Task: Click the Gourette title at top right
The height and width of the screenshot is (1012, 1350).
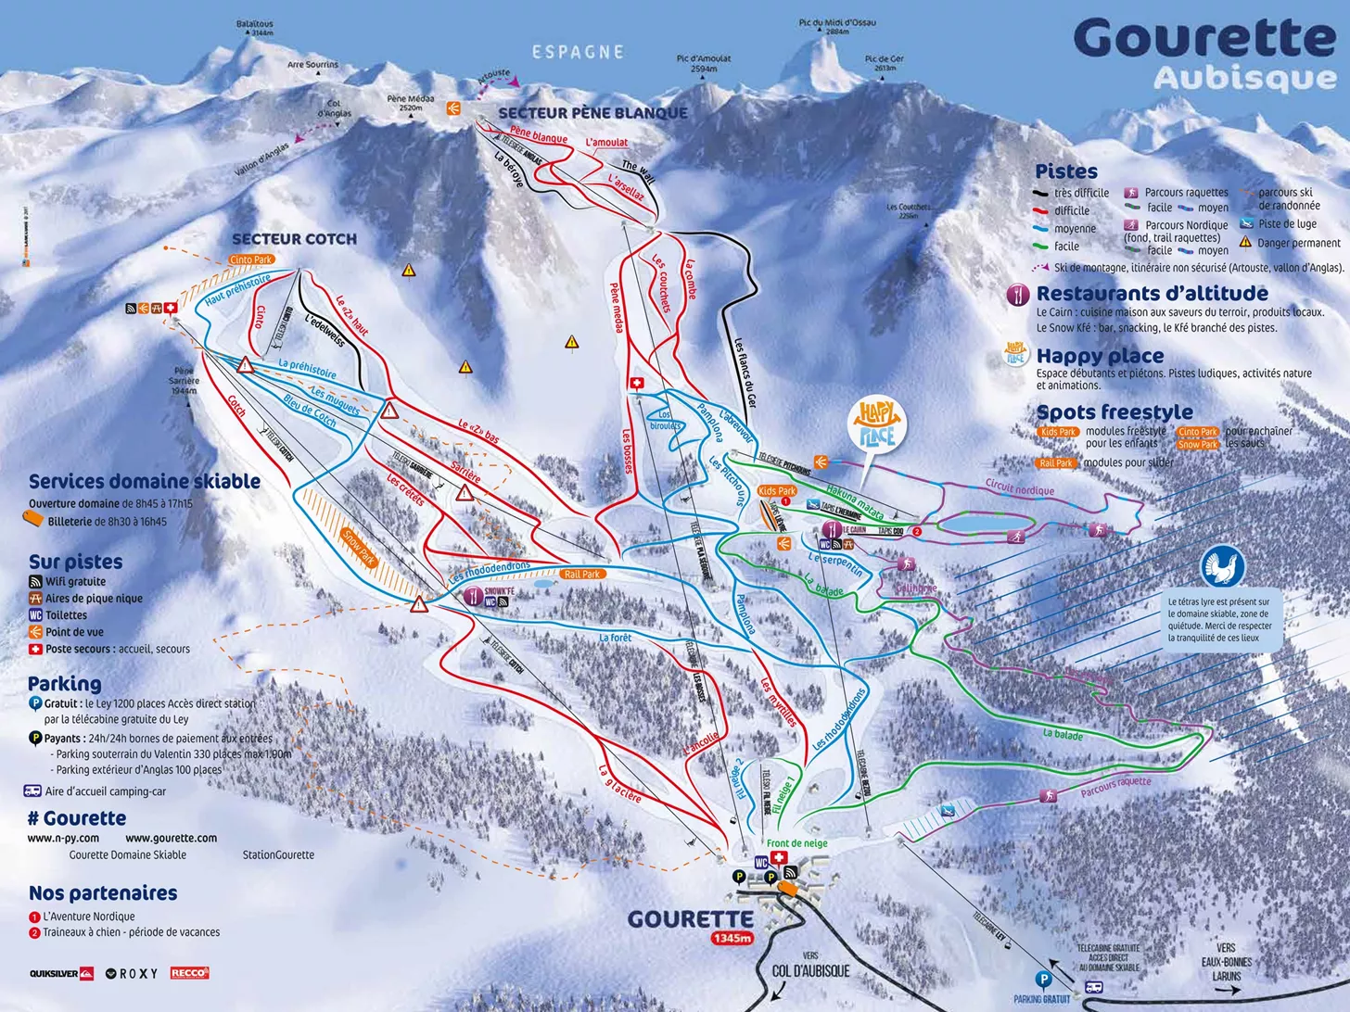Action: click(1204, 39)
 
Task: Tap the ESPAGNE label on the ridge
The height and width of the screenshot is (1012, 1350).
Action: click(578, 53)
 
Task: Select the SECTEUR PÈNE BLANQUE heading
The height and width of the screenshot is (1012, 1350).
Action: click(592, 113)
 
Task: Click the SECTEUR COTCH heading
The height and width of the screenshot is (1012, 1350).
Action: click(294, 239)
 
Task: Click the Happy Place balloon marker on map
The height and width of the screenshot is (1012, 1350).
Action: click(876, 425)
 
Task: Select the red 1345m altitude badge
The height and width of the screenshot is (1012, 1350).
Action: click(732, 938)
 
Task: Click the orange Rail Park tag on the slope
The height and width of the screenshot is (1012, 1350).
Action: click(581, 575)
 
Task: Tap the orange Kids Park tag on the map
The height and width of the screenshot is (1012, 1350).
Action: click(776, 491)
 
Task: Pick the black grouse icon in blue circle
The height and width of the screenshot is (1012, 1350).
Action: click(1223, 566)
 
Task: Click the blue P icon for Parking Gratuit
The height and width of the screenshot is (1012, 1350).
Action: click(1043, 979)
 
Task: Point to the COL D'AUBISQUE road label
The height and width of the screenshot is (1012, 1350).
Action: click(810, 970)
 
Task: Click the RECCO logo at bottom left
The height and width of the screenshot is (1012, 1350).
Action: click(189, 973)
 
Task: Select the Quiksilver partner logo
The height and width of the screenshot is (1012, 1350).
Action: click(61, 973)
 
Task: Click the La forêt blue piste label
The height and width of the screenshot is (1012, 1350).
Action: click(615, 638)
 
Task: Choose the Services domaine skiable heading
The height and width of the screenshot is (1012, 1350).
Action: click(144, 481)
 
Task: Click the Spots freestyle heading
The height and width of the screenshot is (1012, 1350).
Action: click(1114, 412)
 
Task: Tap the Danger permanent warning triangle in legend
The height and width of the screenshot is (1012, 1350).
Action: click(1245, 243)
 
